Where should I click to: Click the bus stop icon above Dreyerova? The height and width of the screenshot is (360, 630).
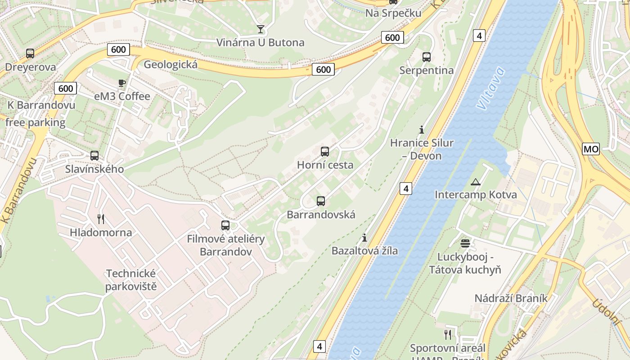(30, 54)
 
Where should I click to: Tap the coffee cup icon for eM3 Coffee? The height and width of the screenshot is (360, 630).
(121, 83)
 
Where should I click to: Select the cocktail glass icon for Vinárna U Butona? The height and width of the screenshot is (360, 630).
(261, 29)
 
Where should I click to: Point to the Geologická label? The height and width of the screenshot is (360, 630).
(171, 65)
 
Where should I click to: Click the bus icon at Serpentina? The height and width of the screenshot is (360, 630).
(427, 57)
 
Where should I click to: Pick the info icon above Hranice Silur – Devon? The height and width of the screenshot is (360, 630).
(422, 130)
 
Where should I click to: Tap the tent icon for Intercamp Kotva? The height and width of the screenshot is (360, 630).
(476, 182)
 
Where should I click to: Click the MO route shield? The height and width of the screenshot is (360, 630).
(591, 149)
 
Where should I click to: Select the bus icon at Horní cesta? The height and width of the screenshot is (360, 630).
(325, 152)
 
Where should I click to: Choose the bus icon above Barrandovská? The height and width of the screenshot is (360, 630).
(321, 201)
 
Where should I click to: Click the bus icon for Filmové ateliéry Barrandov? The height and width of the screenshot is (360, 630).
(225, 225)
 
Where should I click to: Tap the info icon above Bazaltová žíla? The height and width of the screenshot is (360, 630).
(364, 238)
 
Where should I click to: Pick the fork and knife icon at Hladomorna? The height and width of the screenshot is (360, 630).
(101, 219)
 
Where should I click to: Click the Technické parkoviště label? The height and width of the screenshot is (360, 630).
(131, 280)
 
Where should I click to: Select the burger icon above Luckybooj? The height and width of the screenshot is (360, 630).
(465, 243)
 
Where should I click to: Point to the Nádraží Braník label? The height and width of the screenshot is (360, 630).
(511, 298)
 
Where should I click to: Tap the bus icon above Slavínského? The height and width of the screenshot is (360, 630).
(94, 156)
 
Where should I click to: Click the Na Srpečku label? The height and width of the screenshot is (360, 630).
(393, 13)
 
